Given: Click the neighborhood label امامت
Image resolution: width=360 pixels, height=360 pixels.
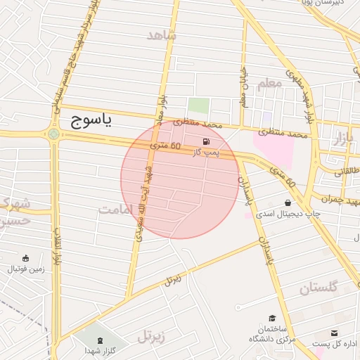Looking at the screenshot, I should click(115, 210).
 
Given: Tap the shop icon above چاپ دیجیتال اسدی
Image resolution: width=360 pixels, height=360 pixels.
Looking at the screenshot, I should click(288, 202).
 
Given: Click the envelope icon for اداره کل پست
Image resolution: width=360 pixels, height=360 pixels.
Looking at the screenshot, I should click(334, 332).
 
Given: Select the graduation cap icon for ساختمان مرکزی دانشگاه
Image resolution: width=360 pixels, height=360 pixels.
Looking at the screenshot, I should click(272, 319).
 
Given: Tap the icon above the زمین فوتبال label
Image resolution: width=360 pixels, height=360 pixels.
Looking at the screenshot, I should click(26, 258).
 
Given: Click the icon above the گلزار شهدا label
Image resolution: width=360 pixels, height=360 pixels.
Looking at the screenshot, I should click(97, 339).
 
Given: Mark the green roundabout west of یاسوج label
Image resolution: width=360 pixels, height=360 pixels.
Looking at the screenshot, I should click(54, 133).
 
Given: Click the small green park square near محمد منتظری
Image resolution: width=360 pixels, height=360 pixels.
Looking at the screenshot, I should click(198, 106).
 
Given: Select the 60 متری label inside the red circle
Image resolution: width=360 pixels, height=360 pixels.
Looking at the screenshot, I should click(166, 146).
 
